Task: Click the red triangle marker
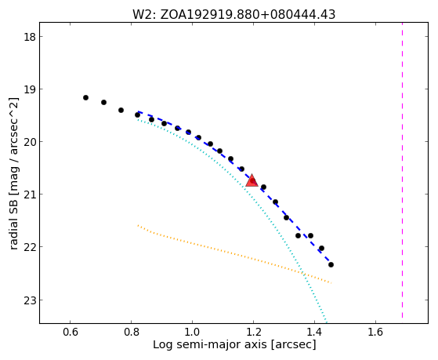[252, 181]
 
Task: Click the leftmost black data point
[85, 97]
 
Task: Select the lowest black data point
[331, 264]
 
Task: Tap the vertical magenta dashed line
[402, 170]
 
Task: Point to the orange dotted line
[234, 254]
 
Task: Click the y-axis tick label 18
[29, 37]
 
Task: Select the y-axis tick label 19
[29, 89]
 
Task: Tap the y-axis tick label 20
[29, 141]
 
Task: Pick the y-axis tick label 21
[29, 195]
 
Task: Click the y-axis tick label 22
[29, 247]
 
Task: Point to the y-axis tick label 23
[29, 300]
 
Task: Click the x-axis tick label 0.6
[70, 332]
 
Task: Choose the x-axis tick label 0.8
[132, 332]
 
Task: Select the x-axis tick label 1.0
[192, 332]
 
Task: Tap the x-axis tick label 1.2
[253, 332]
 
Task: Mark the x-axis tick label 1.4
[314, 332]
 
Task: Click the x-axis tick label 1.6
[375, 332]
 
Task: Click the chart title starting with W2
[233, 15]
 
